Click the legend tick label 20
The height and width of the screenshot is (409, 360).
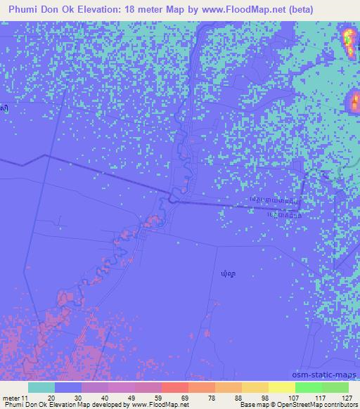[x=51, y=397]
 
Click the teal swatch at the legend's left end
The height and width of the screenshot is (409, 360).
[x=41, y=387]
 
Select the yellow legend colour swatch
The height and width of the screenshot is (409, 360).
[x=282, y=387]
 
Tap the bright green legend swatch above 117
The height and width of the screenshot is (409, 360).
[x=309, y=387]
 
